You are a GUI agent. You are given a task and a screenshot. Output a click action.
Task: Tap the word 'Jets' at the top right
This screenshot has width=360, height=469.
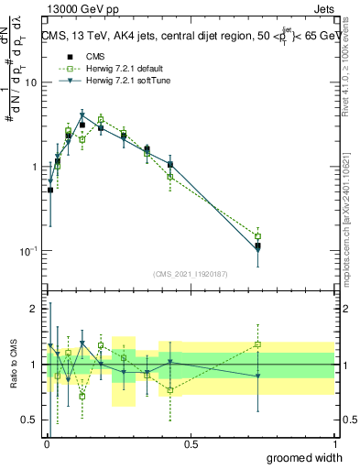325,8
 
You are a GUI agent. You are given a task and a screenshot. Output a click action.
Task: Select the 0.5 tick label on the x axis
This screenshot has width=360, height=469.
191,443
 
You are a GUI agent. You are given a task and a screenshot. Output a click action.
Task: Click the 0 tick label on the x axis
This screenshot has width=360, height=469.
47,443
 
